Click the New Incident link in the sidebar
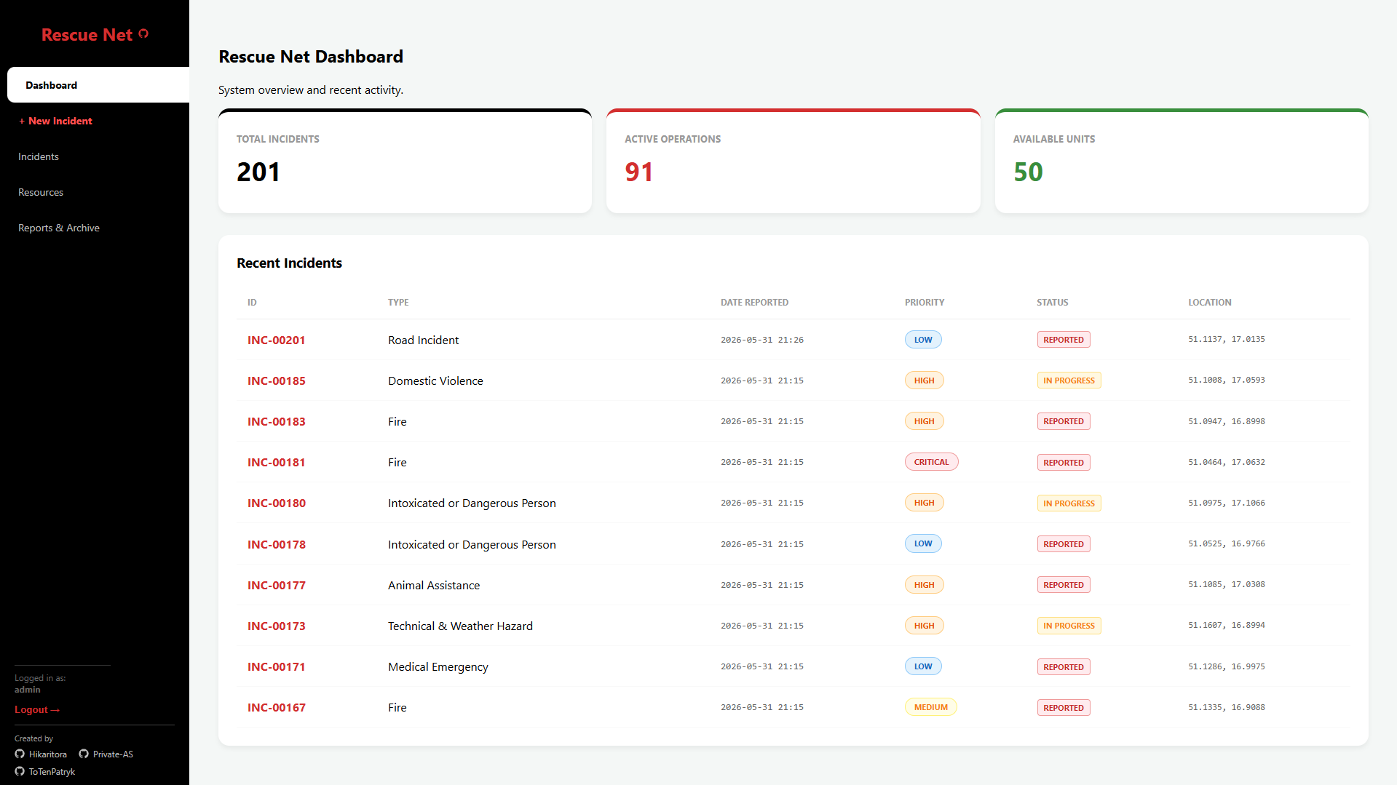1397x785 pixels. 56,121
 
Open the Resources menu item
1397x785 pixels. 41,192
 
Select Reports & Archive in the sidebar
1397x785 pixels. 59,228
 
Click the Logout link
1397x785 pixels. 37,709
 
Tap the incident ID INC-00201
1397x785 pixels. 277,340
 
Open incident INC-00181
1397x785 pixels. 277,462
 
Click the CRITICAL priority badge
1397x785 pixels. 931,462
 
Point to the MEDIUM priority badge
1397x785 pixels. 930,707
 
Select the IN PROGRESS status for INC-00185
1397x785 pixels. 1069,380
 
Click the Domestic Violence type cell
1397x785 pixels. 435,380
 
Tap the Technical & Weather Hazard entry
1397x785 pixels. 460,626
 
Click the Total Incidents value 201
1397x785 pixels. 258,172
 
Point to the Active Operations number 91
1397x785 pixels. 638,172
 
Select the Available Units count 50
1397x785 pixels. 1028,172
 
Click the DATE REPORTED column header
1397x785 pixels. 754,303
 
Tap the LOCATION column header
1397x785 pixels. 1209,303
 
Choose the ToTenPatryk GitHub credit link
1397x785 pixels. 45,772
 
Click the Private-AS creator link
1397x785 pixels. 106,754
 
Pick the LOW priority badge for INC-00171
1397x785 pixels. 923,666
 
